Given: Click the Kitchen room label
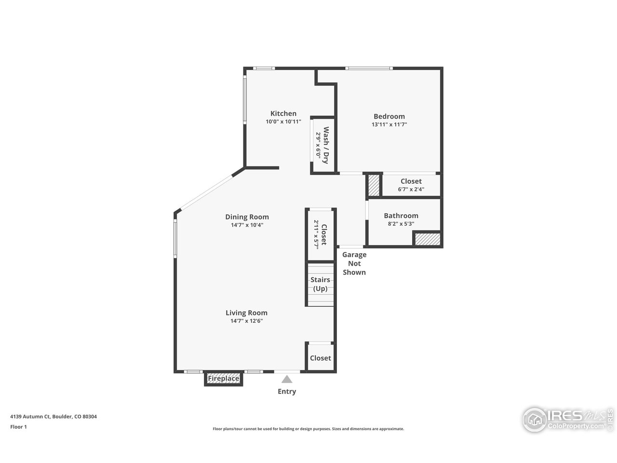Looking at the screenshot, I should (x=283, y=114).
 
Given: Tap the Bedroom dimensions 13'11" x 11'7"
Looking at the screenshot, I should (x=389, y=124).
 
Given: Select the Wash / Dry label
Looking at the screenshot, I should (x=326, y=145).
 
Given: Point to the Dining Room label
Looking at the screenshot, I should (x=247, y=217).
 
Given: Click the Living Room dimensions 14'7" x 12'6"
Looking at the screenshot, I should (x=246, y=321).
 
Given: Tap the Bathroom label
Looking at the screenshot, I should (x=401, y=216).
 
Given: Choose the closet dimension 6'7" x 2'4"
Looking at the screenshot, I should (x=411, y=190).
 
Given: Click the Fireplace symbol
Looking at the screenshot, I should (x=223, y=379).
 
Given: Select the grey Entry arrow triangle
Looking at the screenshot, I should (x=287, y=379).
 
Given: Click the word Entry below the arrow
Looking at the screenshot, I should (x=287, y=392).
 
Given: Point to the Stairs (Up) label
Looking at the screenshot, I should (x=320, y=284).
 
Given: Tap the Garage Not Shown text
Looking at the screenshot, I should (x=354, y=263).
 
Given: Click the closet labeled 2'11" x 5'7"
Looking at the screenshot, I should (x=321, y=234).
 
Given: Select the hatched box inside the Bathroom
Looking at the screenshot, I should (x=428, y=239).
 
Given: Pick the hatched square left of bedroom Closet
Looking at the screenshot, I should (x=374, y=185).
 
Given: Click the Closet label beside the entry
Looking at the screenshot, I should (x=321, y=358).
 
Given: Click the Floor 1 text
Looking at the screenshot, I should (x=19, y=427).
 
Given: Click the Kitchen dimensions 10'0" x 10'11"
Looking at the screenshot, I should (x=283, y=122).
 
